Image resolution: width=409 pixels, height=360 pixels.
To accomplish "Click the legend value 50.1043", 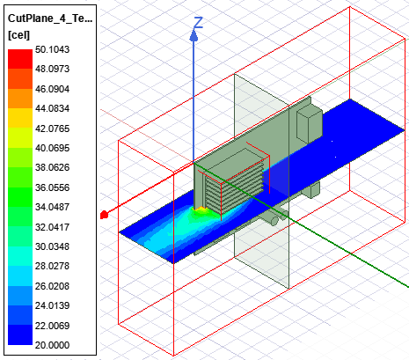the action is tap(52, 49).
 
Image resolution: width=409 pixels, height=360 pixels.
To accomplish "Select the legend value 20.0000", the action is tap(52, 345).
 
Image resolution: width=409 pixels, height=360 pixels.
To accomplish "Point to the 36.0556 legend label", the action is tap(52, 187).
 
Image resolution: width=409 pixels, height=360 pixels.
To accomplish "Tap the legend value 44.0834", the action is tap(52, 108).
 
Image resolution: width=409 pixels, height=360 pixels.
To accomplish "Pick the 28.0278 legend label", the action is tap(52, 266).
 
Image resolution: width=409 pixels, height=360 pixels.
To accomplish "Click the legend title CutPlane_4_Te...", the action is tap(50, 18).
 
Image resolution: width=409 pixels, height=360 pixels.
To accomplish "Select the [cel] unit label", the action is tap(18, 35).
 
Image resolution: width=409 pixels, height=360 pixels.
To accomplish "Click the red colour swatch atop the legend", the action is tap(20, 59).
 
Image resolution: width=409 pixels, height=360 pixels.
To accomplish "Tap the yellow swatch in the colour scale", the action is tap(20, 118).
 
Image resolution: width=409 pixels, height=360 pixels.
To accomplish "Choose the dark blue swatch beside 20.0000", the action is tap(20, 334).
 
